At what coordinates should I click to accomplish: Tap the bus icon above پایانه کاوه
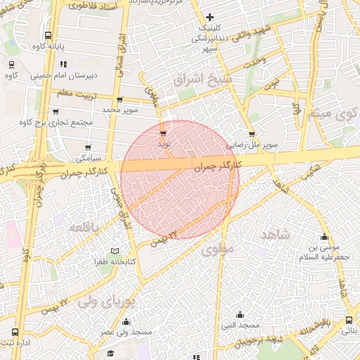click(x=48, y=35)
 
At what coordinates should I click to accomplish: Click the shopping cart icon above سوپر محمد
click(x=120, y=100)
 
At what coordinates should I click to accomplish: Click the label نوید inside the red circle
click(x=164, y=143)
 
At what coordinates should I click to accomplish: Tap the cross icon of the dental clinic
click(x=210, y=17)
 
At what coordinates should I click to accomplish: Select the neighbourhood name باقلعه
click(x=86, y=227)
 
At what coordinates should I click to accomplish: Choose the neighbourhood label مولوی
click(x=217, y=249)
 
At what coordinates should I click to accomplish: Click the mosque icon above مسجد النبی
click(x=240, y=314)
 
